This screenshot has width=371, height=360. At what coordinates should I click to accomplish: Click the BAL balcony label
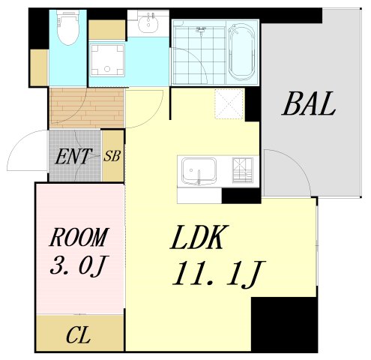(308, 105)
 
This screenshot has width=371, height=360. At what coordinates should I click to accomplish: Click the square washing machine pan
(109, 60)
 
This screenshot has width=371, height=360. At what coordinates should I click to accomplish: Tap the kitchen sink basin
(199, 172)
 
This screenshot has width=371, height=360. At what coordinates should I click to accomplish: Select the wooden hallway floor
(86, 107)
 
